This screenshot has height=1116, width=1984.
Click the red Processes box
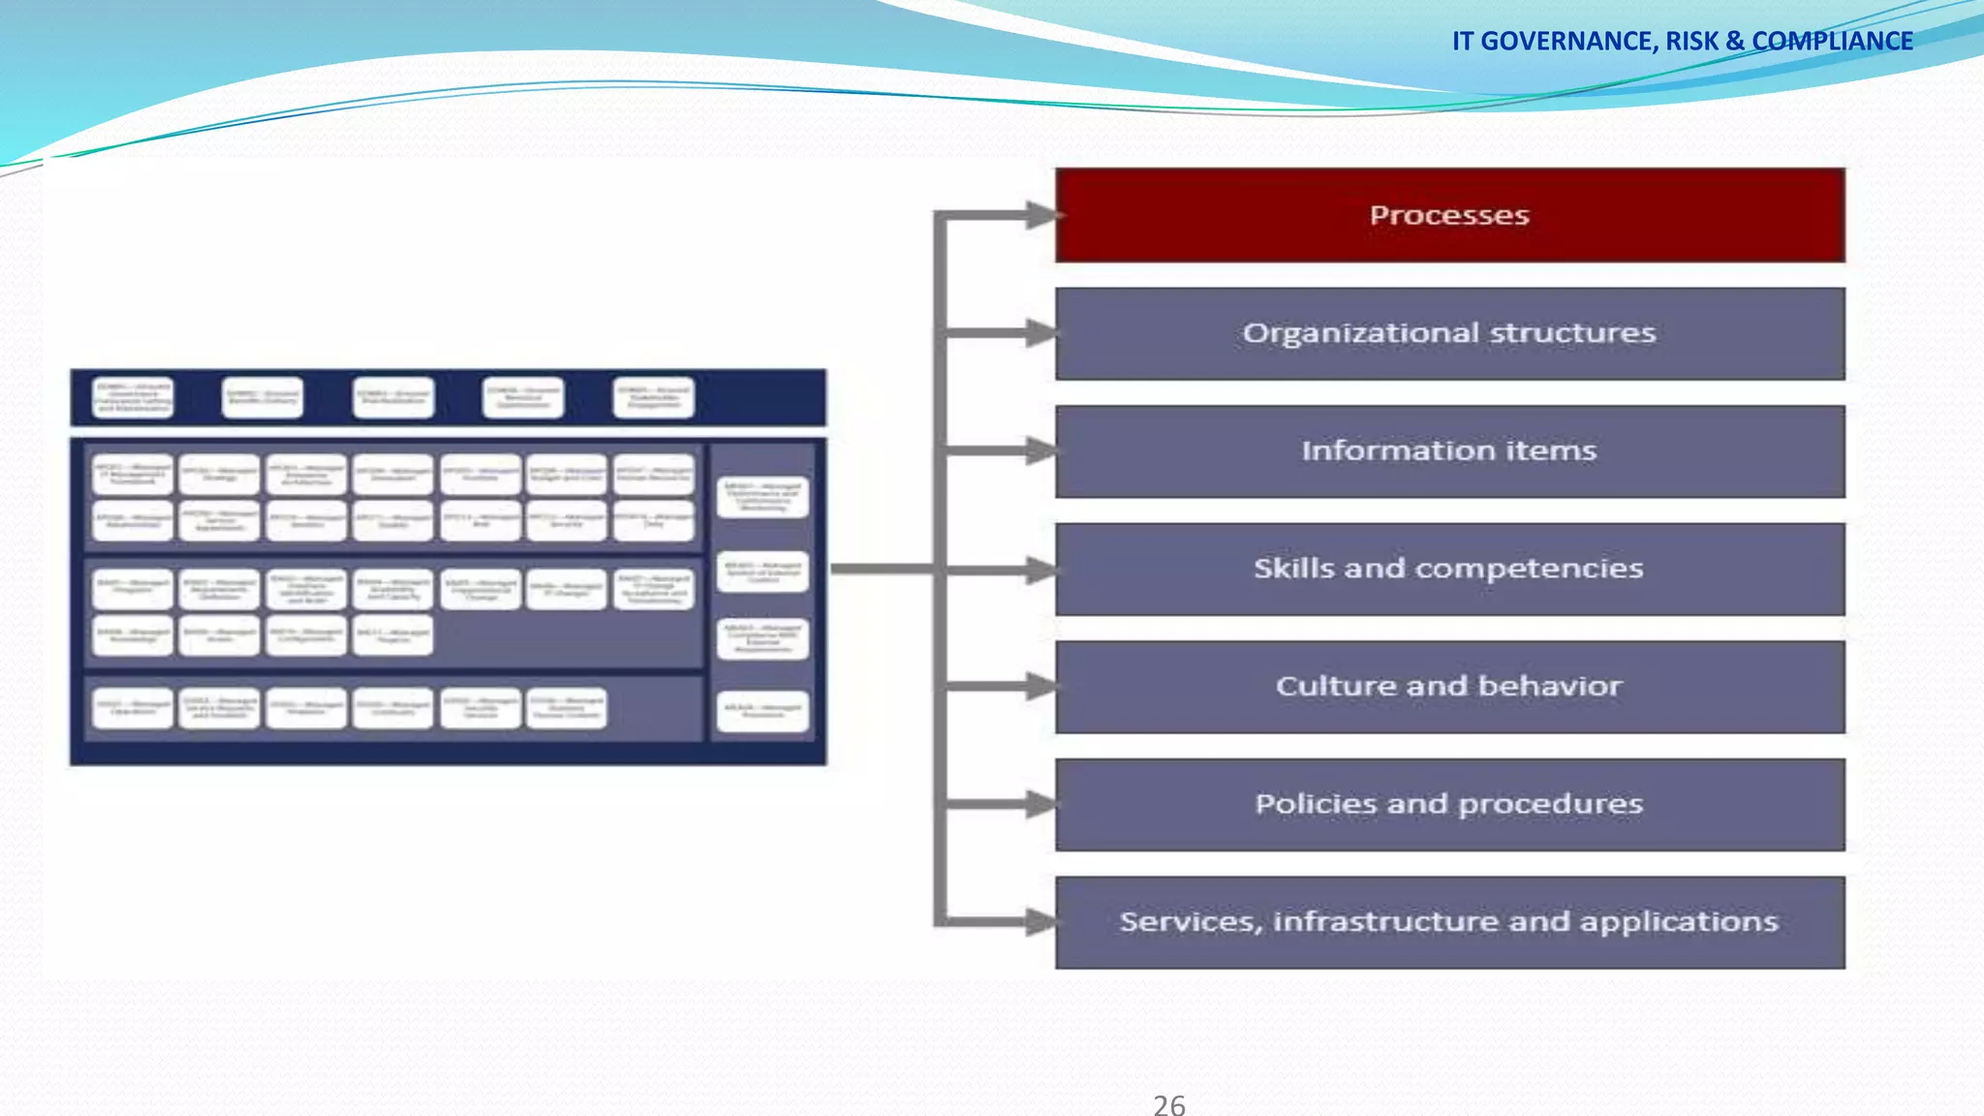(1449, 215)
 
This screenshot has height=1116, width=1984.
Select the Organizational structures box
(1449, 333)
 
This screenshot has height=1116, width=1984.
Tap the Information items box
(1449, 451)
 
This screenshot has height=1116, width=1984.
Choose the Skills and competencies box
(1449, 569)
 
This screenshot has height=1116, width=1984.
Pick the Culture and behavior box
(1449, 687)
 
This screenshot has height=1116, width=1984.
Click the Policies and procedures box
(1449, 804)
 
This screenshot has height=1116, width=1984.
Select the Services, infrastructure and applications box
(1449, 922)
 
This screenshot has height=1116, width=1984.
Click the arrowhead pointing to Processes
(1042, 215)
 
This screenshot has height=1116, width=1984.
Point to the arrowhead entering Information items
(1042, 450)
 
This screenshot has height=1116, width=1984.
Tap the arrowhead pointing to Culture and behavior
(1042, 687)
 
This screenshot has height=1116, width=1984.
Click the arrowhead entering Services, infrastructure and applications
(1042, 921)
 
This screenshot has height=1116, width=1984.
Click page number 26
(1169, 1104)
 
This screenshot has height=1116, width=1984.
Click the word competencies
(1529, 569)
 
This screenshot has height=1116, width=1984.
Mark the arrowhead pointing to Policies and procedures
(1042, 804)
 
